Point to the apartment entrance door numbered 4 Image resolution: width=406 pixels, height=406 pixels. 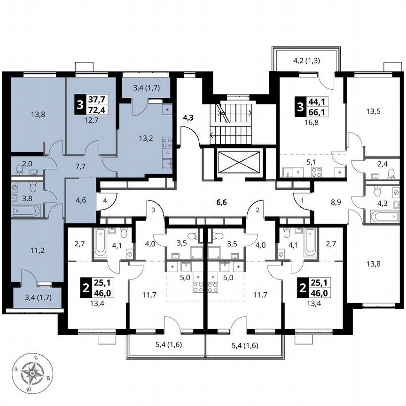pyautogui.click(x=105, y=201)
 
